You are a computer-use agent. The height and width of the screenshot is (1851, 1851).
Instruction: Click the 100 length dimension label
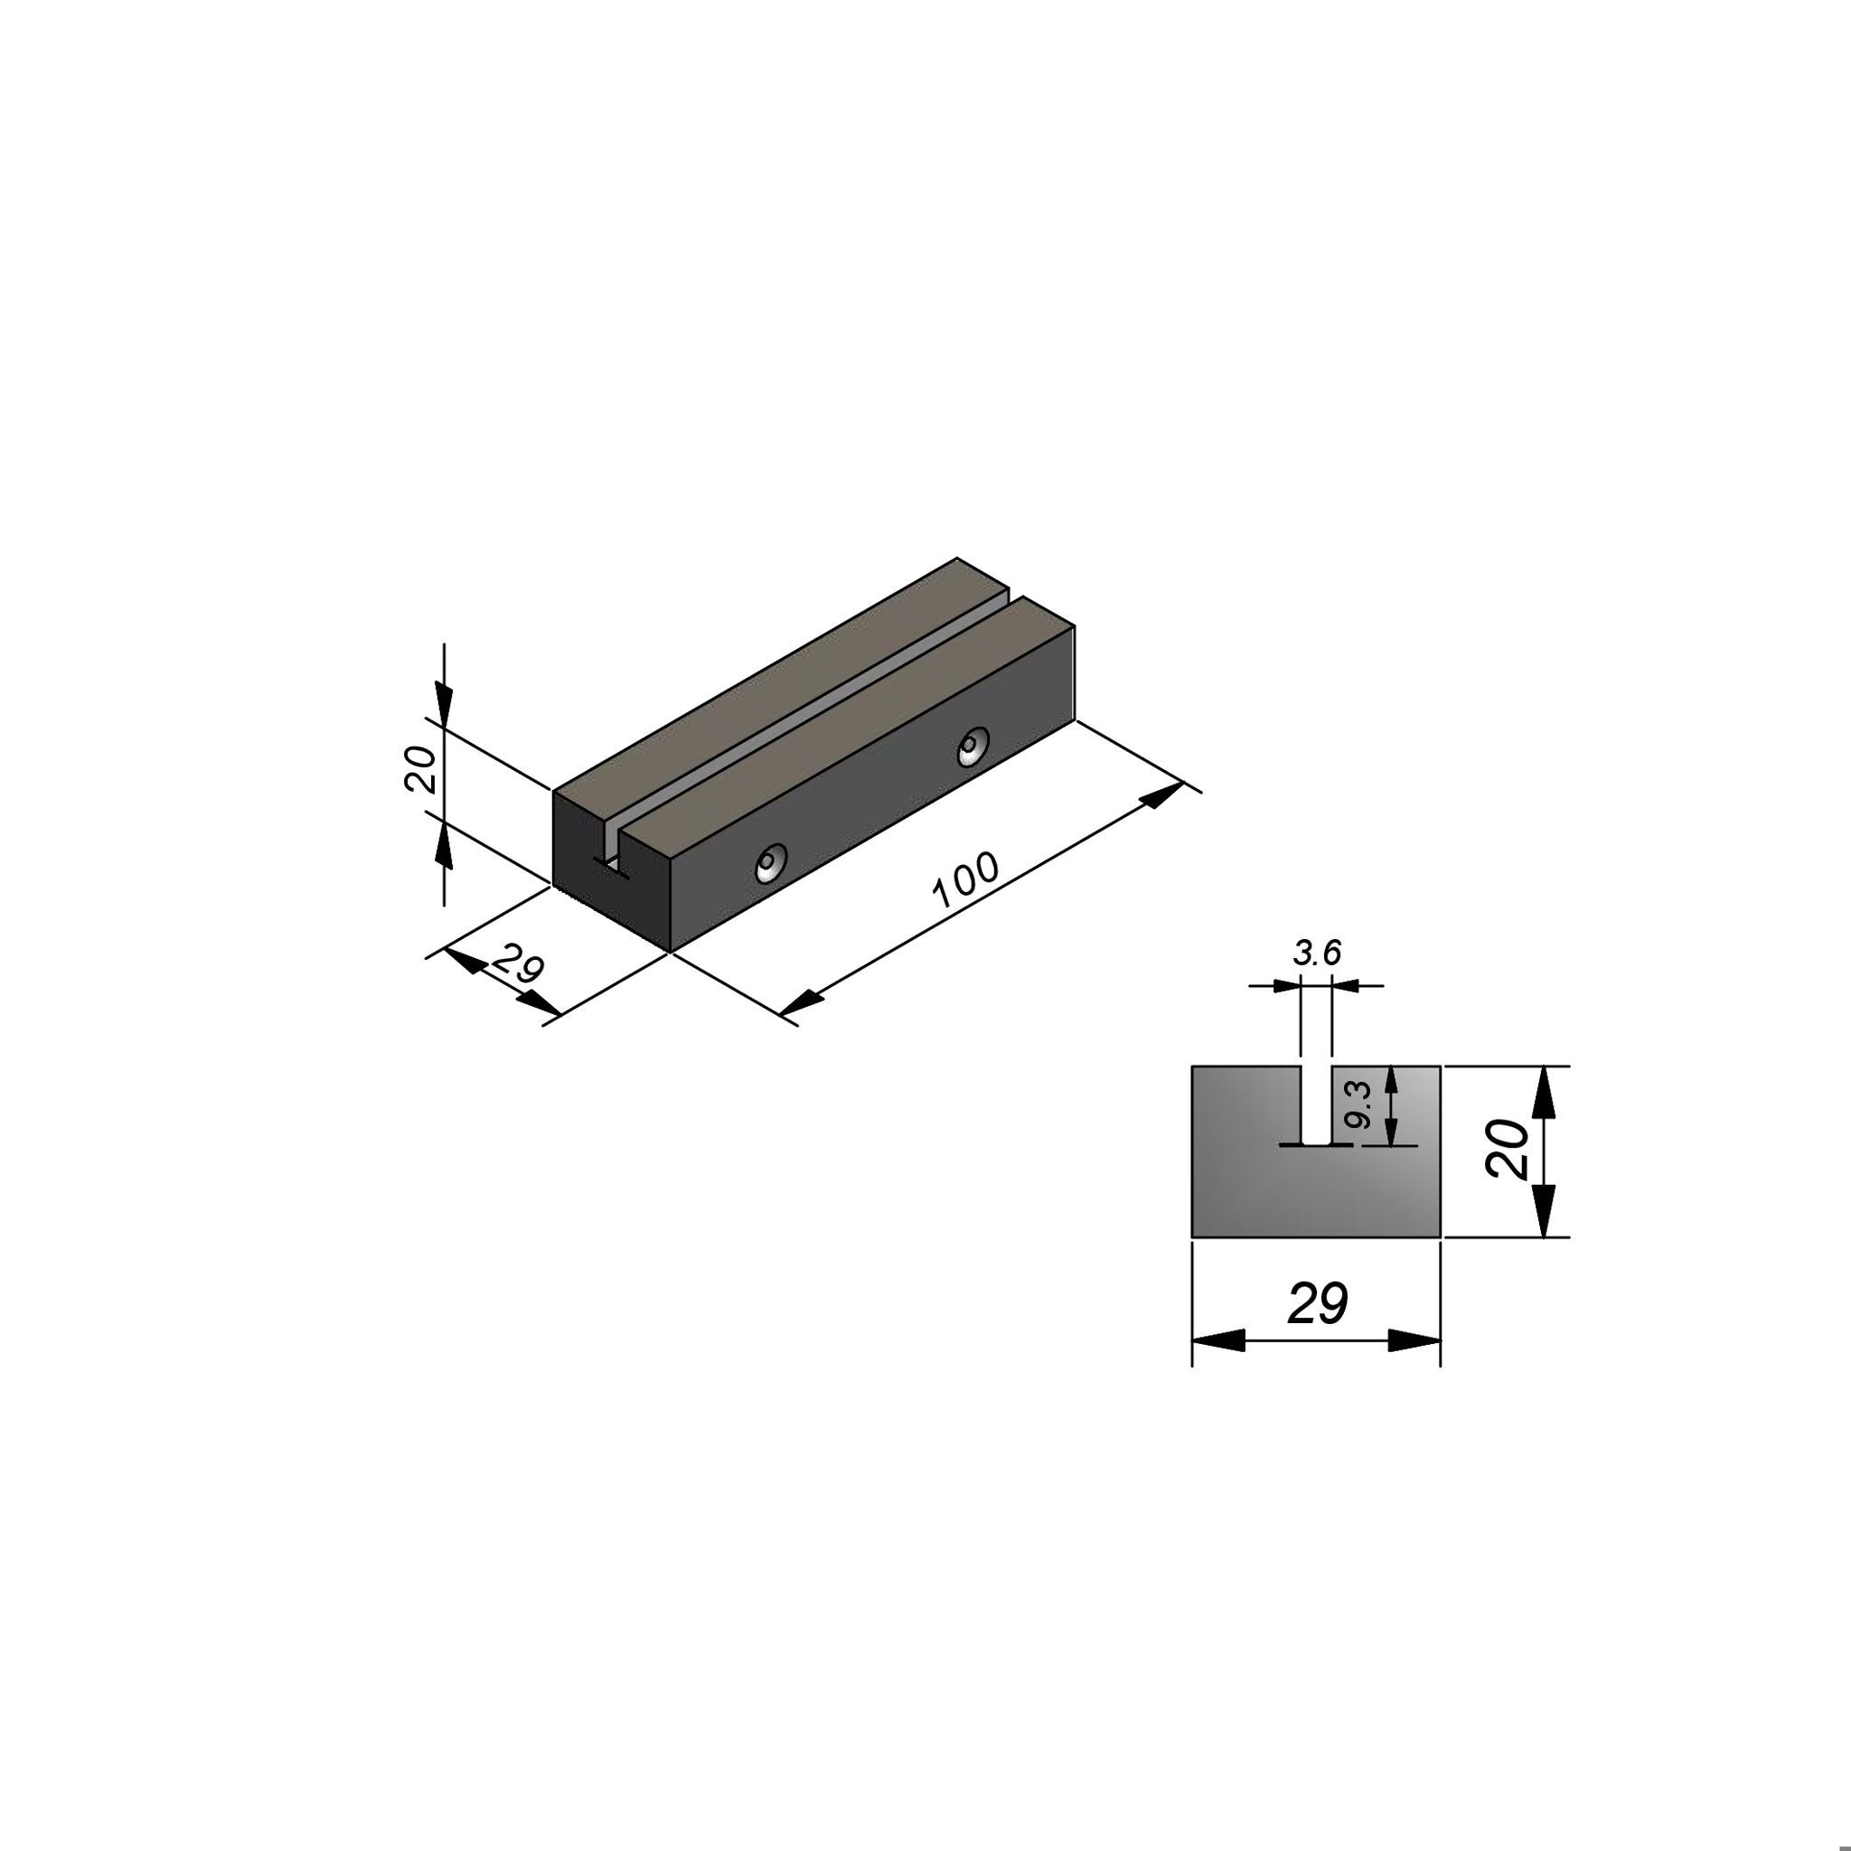pyautogui.click(x=966, y=879)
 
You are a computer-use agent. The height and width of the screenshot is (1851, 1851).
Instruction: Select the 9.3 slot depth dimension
pyautogui.click(x=1359, y=1104)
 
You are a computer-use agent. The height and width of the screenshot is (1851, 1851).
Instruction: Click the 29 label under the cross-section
pyautogui.click(x=1318, y=1303)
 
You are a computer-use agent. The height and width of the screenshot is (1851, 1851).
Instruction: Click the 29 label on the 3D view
pyautogui.click(x=518, y=964)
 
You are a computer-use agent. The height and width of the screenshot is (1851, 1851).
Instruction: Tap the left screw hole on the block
pyautogui.click(x=769, y=862)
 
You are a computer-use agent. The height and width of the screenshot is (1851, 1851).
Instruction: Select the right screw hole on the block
pyautogui.click(x=973, y=747)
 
